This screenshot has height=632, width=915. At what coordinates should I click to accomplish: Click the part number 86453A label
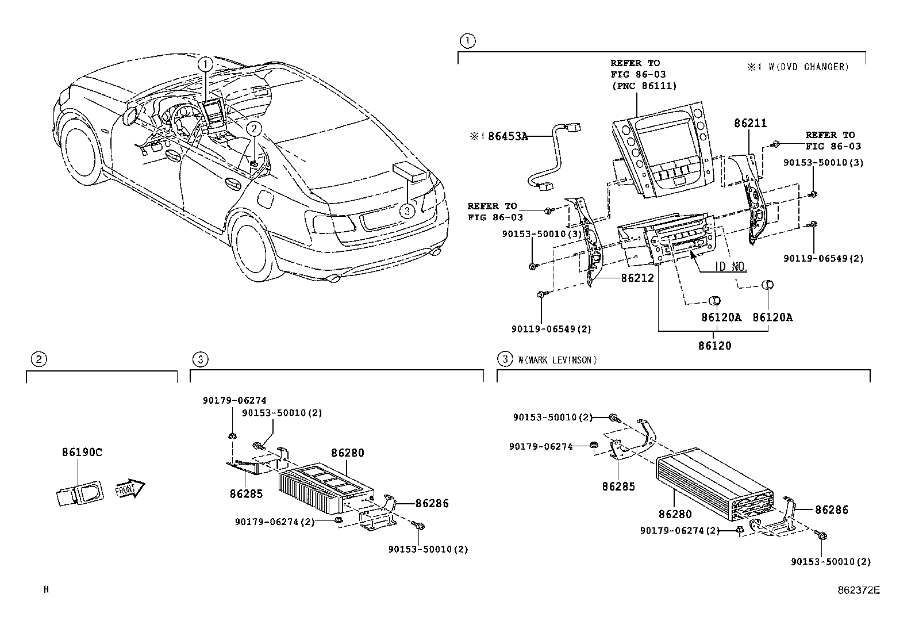click(x=508, y=136)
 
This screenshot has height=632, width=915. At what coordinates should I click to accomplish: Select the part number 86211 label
click(x=750, y=123)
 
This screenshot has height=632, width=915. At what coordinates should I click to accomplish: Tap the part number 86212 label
click(x=637, y=278)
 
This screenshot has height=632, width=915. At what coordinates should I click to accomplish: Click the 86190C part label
click(x=82, y=452)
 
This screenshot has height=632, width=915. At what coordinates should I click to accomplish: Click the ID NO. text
click(x=731, y=267)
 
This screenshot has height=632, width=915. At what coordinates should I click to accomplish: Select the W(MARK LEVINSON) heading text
click(x=557, y=360)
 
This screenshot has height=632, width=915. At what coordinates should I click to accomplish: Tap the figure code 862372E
click(x=858, y=589)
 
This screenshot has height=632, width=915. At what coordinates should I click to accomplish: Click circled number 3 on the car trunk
click(x=406, y=211)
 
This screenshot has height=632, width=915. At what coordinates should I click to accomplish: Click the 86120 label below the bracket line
click(x=714, y=346)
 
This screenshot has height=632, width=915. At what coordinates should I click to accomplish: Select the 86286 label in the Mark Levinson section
click(x=831, y=510)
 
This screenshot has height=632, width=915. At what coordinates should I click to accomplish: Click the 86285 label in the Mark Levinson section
click(x=618, y=487)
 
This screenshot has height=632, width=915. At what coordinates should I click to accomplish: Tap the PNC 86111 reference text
click(x=643, y=86)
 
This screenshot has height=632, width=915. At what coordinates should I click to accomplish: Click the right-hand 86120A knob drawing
click(x=767, y=285)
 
